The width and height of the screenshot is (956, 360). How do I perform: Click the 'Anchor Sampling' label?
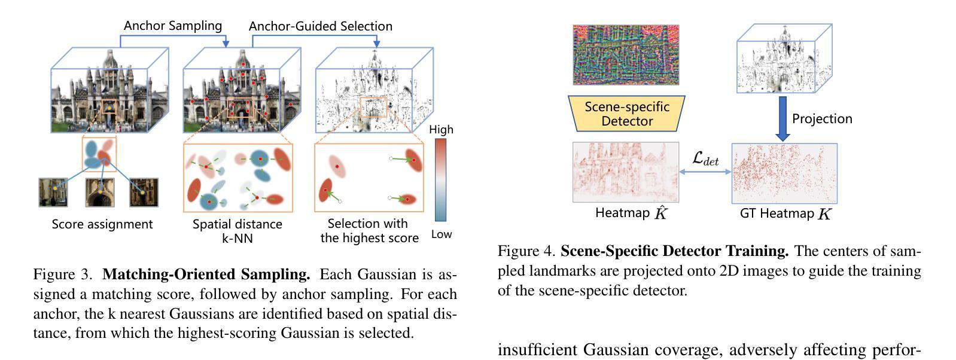(172, 26)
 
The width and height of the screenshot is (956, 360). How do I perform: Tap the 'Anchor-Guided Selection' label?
(320, 26)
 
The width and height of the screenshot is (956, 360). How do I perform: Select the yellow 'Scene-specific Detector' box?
(626, 114)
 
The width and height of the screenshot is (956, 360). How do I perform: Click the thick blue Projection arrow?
(783, 118)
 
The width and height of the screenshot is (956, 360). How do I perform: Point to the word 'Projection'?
(821, 118)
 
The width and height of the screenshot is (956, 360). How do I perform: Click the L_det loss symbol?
(705, 158)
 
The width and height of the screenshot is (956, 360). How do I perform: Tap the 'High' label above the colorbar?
(441, 129)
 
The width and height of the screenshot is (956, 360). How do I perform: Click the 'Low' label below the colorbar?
(442, 234)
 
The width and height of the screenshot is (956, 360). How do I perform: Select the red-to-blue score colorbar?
(440, 180)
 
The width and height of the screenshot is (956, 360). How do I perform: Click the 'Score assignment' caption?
(102, 224)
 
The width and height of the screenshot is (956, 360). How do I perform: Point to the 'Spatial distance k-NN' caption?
(238, 231)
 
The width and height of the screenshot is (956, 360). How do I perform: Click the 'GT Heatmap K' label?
(785, 213)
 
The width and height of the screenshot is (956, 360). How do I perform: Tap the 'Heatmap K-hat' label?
(631, 213)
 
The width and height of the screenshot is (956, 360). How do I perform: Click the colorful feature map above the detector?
(626, 55)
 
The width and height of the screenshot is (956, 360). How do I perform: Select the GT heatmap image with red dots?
(784, 173)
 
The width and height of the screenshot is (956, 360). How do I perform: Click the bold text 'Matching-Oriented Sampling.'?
(206, 274)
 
